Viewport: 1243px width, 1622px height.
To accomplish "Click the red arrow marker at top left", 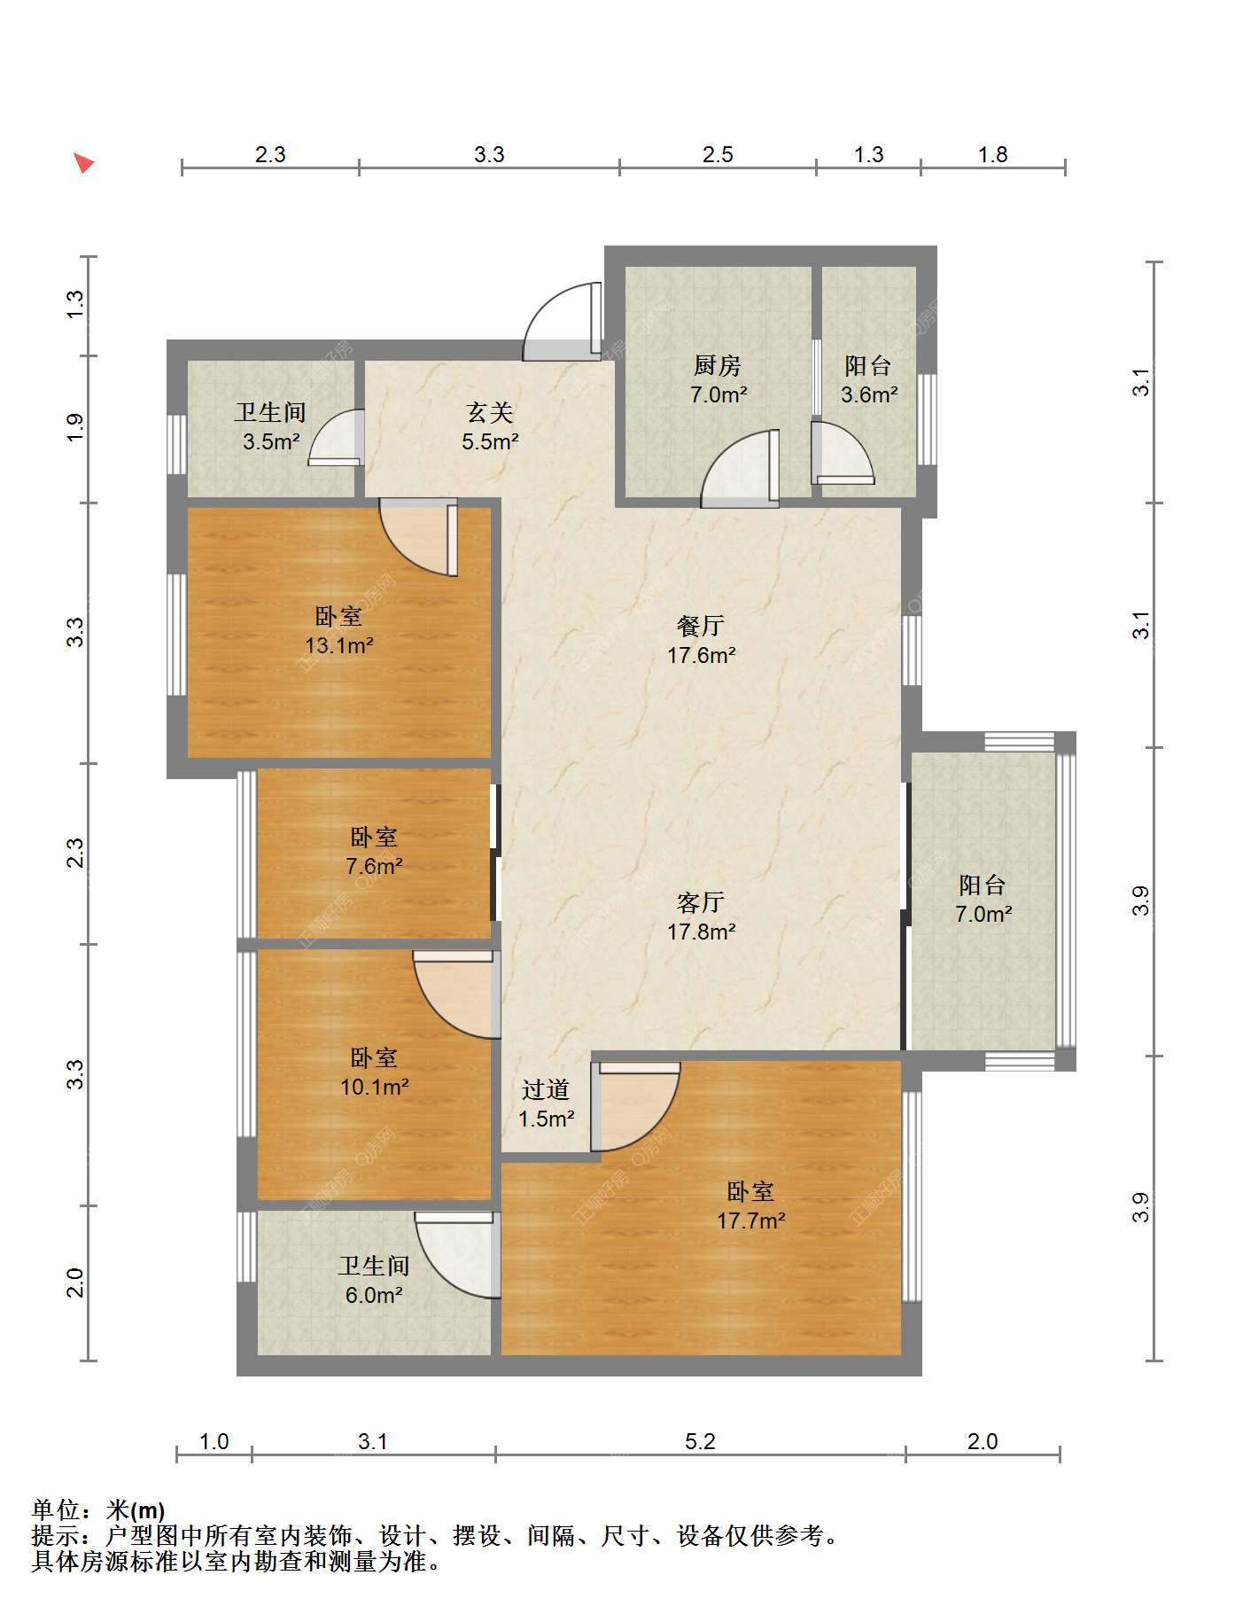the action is click(84, 163).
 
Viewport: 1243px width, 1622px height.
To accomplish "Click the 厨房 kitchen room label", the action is click(718, 365).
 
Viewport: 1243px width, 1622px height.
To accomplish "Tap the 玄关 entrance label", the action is click(490, 412).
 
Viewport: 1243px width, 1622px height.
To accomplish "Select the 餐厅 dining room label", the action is click(701, 626).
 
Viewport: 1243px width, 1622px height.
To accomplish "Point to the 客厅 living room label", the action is click(701, 902).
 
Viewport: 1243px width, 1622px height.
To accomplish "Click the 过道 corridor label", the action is click(546, 1090).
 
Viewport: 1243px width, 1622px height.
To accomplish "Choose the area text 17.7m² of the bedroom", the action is click(751, 1220).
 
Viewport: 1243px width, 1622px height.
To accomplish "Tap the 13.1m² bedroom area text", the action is click(338, 645).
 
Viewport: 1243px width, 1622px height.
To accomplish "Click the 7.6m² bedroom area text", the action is click(375, 866).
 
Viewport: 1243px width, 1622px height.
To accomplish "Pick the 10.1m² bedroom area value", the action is click(375, 1087).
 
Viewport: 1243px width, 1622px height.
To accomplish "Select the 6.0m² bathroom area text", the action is click(375, 1295).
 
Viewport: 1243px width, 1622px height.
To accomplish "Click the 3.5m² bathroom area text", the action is click(272, 441).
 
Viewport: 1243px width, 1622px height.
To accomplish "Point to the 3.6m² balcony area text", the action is click(869, 394).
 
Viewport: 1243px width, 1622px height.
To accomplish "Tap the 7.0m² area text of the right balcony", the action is click(983, 914).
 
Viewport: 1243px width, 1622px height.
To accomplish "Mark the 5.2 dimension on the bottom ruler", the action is click(700, 1442).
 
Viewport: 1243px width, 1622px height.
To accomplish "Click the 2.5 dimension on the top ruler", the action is click(718, 155).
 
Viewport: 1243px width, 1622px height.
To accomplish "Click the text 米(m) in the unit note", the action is click(135, 1509).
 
